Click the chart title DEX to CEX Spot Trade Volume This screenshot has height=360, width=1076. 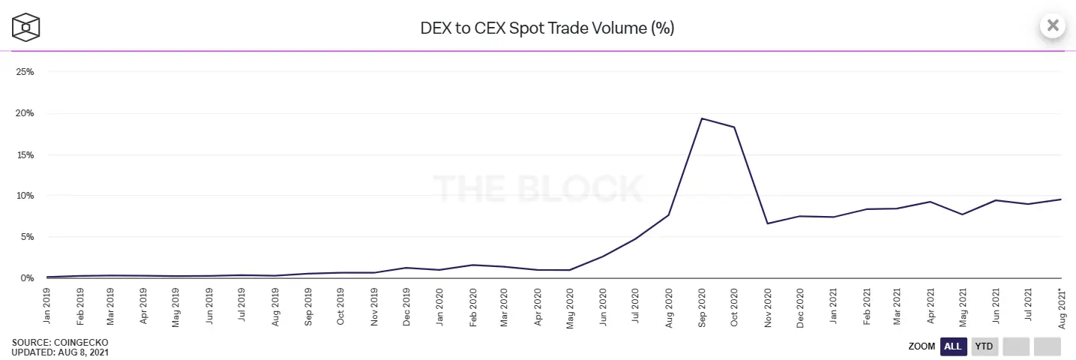547,28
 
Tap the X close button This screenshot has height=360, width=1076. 1052,25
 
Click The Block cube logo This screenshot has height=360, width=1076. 25,28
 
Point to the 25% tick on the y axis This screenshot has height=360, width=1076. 25,72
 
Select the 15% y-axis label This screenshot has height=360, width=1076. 25,154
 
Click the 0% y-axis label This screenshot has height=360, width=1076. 28,278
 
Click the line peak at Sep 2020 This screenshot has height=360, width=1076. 701,118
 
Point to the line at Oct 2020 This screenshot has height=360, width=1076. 734,127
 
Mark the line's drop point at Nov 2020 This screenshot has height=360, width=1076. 767,223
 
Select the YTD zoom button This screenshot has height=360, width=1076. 985,346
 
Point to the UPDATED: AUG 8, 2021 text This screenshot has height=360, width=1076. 60,352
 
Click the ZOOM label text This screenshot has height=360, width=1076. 922,346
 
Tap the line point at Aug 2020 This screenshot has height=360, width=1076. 668,215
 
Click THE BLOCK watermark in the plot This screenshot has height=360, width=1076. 538,188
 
